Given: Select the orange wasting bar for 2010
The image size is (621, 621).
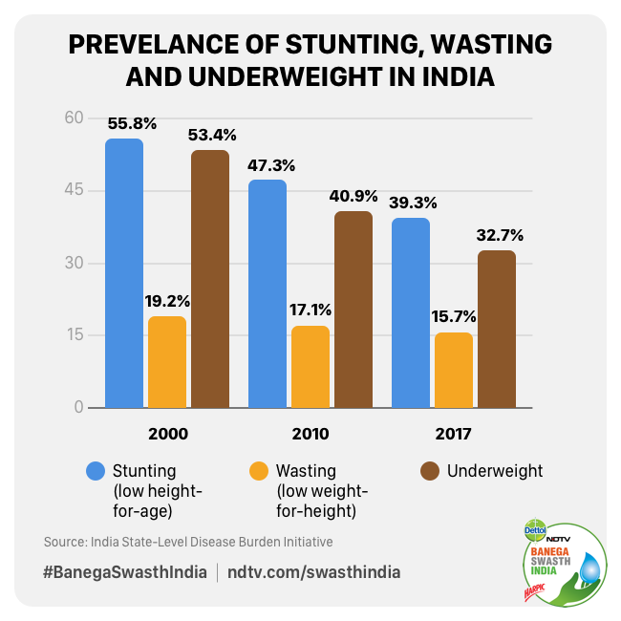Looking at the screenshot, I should tap(310, 367).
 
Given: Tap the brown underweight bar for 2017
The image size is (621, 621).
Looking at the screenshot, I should tap(497, 329).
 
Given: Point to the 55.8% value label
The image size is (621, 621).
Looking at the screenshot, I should tap(132, 123).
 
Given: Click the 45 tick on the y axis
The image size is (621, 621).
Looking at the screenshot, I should tap(75, 190).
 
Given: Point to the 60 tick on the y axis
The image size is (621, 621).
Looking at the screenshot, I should tap(75, 118).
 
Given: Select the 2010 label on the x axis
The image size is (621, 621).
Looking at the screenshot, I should tap(310, 434).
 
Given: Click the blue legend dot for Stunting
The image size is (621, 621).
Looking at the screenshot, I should tap(95, 471).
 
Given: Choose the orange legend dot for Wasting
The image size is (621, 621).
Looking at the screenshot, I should tap(258, 471).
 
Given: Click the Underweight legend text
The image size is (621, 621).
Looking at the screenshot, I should tap(495, 470).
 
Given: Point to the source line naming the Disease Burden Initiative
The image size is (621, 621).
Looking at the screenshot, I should tap(188, 542).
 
